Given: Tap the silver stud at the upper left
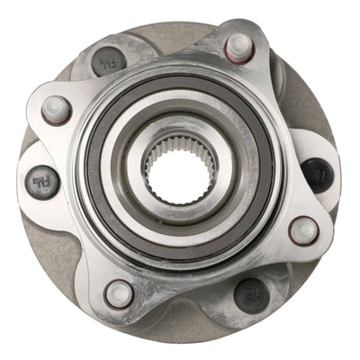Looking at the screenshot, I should coord(55,108).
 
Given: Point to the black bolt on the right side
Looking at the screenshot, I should coord(316,170).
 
